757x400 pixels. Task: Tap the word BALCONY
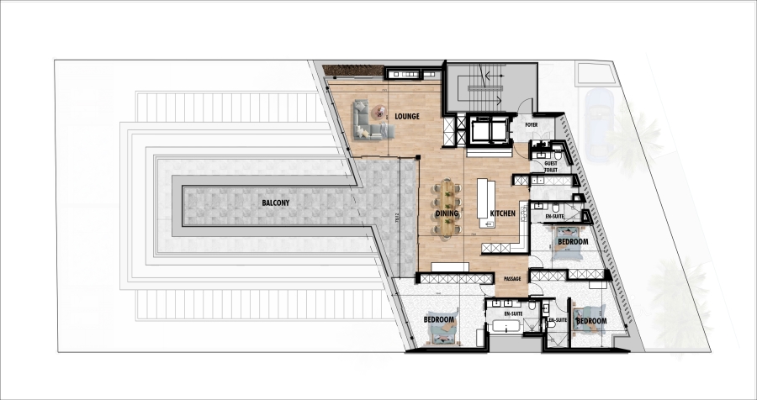click(277, 203)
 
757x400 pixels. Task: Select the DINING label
click(447, 214)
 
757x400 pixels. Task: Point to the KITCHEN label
click(502, 214)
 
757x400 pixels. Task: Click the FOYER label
click(531, 124)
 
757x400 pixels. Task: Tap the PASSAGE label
click(512, 279)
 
